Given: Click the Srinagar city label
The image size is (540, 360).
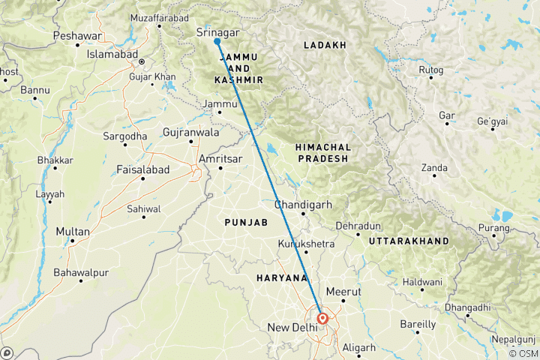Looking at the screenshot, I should [x=217, y=32].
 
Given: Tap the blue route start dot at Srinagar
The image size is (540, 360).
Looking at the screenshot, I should [x=217, y=42].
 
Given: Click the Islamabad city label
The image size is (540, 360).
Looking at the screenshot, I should [x=112, y=55].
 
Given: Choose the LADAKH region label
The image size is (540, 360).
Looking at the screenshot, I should [x=325, y=46].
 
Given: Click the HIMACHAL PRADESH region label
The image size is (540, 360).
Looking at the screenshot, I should [x=322, y=153].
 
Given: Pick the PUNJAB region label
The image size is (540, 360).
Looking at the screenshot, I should [x=246, y=223].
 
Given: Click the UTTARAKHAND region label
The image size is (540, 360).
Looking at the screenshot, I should [x=404, y=241].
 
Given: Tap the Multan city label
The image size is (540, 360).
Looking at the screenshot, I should [x=73, y=232].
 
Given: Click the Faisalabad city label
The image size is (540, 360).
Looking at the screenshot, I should [x=142, y=170].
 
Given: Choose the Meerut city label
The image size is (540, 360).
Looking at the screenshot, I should [x=344, y=291].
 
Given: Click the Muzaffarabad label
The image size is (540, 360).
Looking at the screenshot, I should [x=156, y=15].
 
